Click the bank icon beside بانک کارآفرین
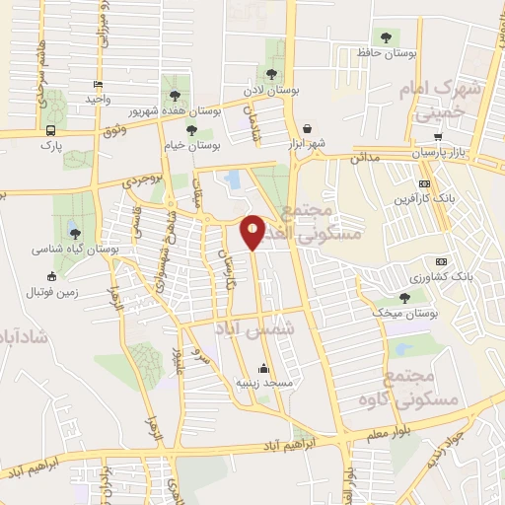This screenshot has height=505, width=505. tap(425, 182)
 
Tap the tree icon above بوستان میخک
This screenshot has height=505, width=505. tap(404, 296)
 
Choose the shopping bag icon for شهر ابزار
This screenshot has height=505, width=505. tap(308, 128)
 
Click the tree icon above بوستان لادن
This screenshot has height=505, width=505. tap(271, 73)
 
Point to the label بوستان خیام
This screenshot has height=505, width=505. tap(190, 145)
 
